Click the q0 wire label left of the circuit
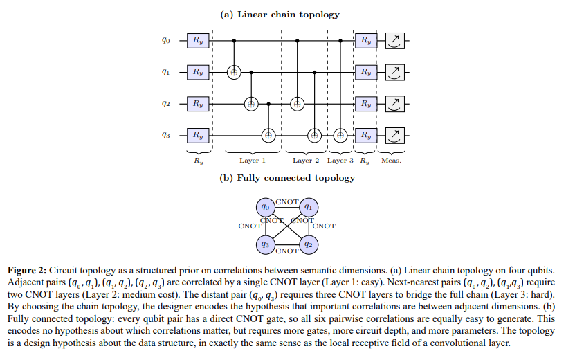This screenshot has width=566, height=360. [x=165, y=40]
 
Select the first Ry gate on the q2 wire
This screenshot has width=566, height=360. [x=198, y=104]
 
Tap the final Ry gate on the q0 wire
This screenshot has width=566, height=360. [x=366, y=40]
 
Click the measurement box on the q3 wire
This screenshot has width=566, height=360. [x=395, y=136]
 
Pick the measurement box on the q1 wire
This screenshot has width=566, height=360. [x=395, y=72]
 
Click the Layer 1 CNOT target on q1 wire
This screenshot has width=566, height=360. [x=234, y=73]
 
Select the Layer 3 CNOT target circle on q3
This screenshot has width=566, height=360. [x=340, y=136]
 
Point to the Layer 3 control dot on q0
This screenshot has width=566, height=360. [x=340, y=41]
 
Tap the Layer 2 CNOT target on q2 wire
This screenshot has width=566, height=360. [x=297, y=104]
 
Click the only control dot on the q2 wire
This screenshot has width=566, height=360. [x=268, y=104]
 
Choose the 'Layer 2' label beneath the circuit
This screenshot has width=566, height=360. [x=306, y=161]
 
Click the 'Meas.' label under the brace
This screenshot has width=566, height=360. [x=392, y=161]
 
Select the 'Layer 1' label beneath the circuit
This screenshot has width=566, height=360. [x=253, y=161]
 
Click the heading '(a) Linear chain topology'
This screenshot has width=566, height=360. [x=280, y=15]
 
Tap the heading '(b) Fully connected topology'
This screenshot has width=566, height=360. [x=287, y=178]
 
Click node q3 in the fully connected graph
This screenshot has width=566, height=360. [x=265, y=244]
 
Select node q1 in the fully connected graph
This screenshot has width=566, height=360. [x=309, y=207]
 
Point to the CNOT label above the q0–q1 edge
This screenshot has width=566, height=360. [x=287, y=202]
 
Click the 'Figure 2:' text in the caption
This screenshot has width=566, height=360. [x=27, y=271]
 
